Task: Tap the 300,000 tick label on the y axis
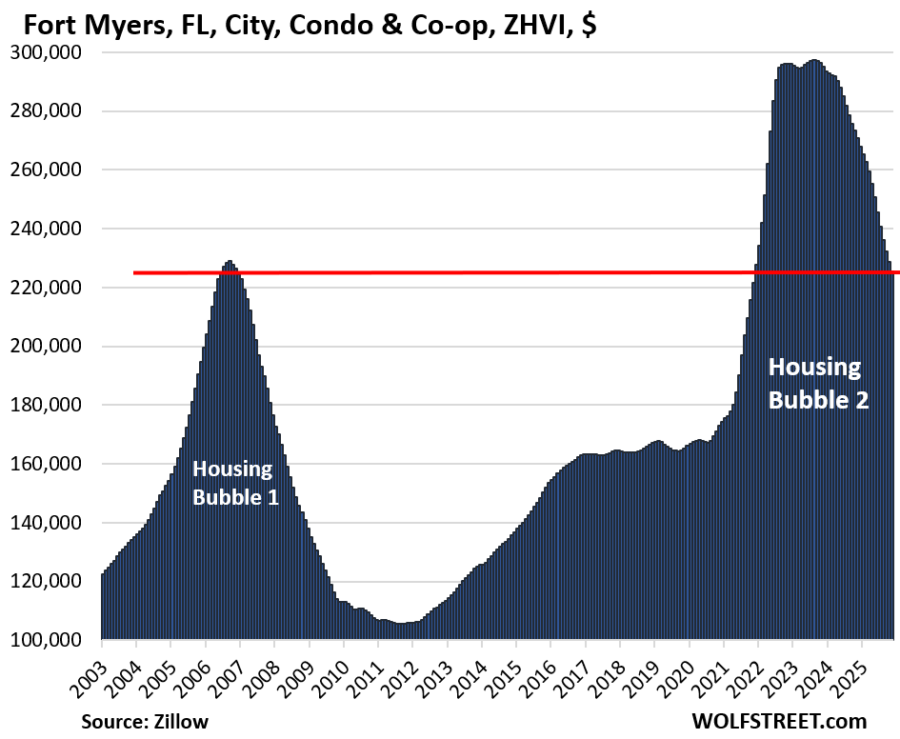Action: pyautogui.click(x=49, y=52)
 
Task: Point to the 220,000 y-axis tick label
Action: pyautogui.click(x=49, y=288)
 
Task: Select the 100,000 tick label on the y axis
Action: pyautogui.click(x=49, y=640)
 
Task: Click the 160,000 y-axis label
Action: pyautogui.click(x=49, y=464)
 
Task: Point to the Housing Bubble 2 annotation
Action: pyautogui.click(x=818, y=383)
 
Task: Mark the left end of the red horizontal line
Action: pyautogui.click(x=134, y=272)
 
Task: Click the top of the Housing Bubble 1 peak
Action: pyautogui.click(x=229, y=262)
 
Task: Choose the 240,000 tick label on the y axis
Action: pyautogui.click(x=49, y=229)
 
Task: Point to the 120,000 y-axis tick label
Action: pyautogui.click(x=49, y=581)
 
